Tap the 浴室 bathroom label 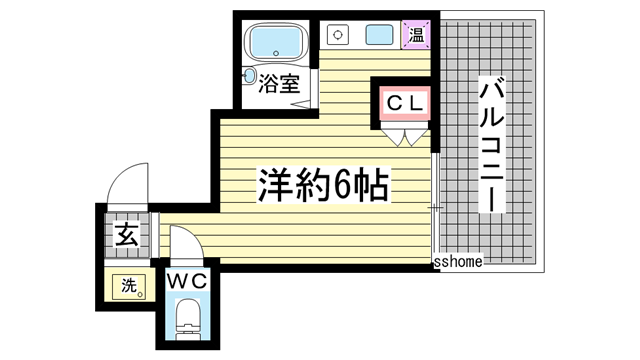point(280,84)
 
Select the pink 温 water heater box point(416,35)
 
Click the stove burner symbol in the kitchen point(337,35)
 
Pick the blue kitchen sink point(380,35)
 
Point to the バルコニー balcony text point(491,146)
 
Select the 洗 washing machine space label point(127,285)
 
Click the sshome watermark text point(459,261)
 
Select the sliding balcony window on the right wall point(435,205)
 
